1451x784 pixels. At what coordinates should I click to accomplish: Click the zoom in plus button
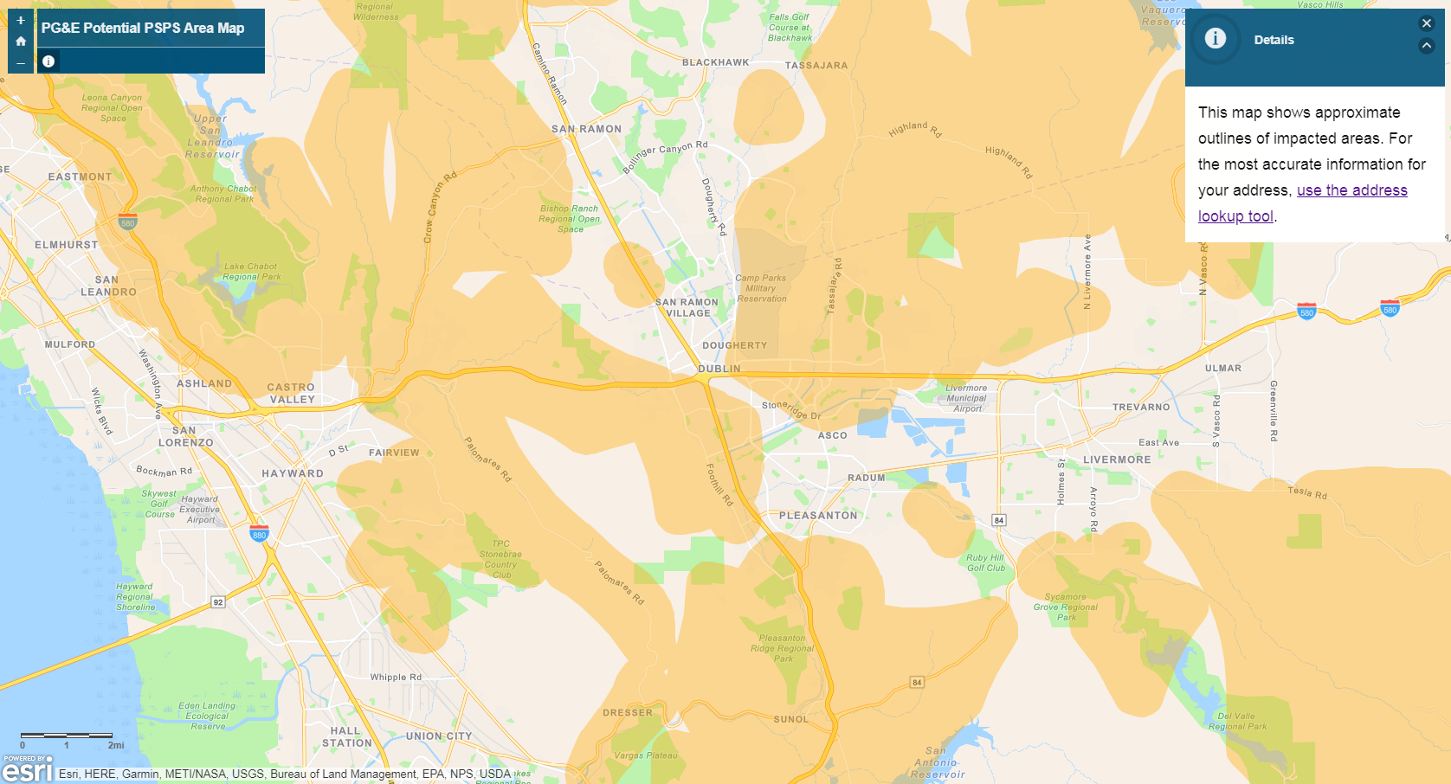[21, 20]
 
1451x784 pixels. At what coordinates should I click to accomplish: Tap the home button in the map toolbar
[21, 41]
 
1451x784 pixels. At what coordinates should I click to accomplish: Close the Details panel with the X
[1427, 23]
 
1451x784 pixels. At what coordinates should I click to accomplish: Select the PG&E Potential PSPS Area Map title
[143, 28]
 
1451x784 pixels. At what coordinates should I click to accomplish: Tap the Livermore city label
[1117, 459]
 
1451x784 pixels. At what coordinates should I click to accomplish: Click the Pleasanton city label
[818, 516]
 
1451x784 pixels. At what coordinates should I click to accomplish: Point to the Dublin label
[719, 369]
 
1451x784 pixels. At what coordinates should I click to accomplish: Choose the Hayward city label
[293, 473]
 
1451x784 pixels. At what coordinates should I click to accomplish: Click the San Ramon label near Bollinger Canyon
[586, 129]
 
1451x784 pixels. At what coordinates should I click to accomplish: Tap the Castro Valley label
[292, 394]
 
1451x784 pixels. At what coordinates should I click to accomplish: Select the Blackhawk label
[716, 62]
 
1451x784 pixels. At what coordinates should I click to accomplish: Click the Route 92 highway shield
[218, 602]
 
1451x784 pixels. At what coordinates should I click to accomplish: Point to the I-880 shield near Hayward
[259, 533]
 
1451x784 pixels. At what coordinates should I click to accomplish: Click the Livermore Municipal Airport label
[966, 398]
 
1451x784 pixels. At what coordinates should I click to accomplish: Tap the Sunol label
[791, 719]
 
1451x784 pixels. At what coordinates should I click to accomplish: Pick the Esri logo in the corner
[27, 768]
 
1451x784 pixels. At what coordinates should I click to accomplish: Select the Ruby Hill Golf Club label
[985, 562]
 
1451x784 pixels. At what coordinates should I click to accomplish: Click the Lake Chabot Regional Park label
[251, 272]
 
